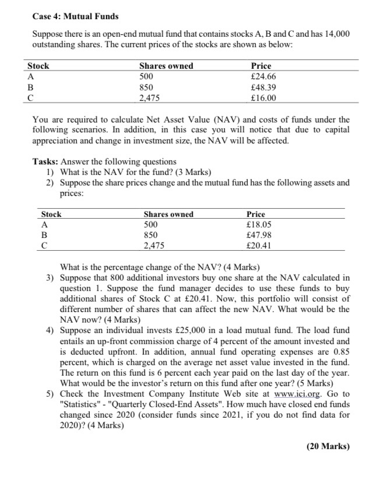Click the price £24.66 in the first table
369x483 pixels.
[x=262, y=76]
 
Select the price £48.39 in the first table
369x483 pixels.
[x=262, y=87]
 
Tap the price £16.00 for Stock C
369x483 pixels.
[x=262, y=97]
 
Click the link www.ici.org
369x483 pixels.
[x=291, y=394]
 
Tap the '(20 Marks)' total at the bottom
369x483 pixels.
[x=328, y=447]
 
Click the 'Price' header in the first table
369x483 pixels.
[x=261, y=66]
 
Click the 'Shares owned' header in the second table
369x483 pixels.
[x=168, y=214]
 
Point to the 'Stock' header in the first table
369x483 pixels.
[x=38, y=66]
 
